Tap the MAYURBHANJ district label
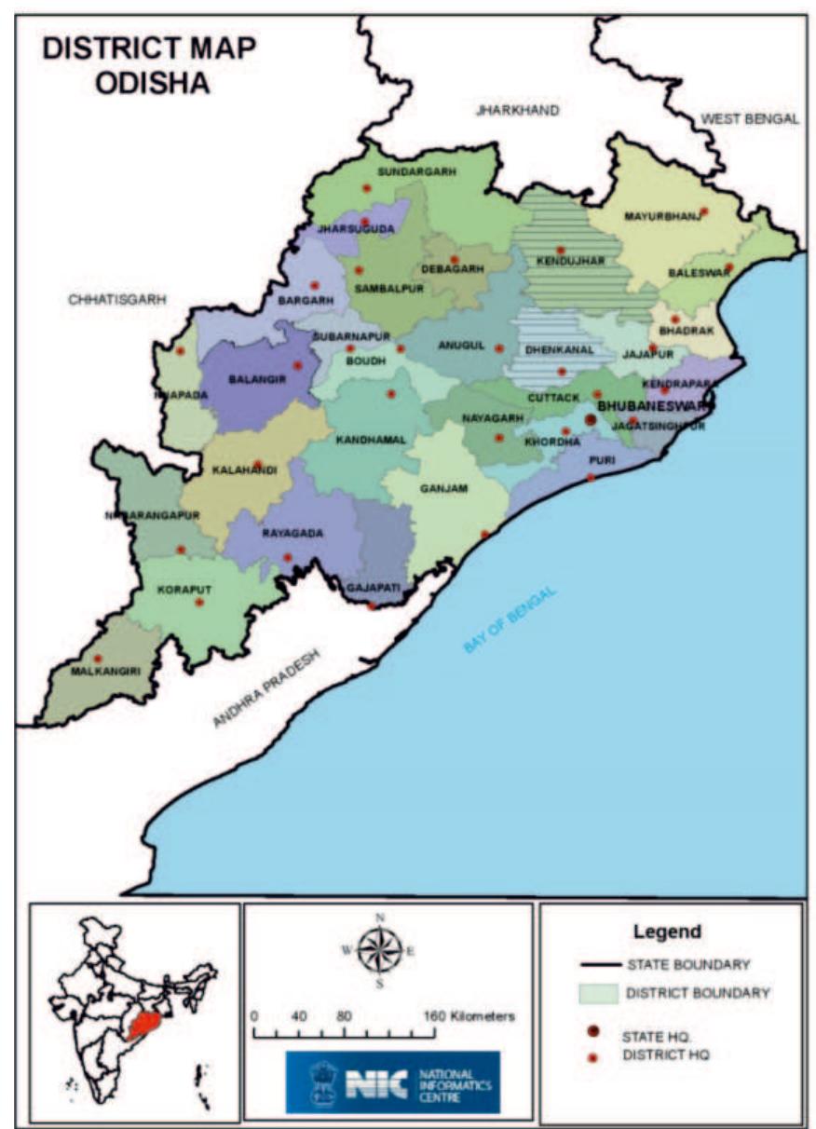click(x=660, y=217)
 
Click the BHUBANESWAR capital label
click(x=653, y=407)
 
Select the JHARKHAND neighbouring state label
click(x=517, y=110)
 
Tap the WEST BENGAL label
click(x=750, y=119)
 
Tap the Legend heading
click(x=667, y=931)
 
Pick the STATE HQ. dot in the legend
click(x=592, y=1034)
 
